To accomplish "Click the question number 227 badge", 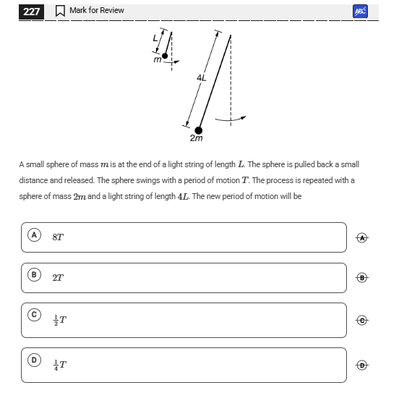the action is click(31, 12).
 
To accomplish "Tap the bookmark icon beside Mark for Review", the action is click(60, 11).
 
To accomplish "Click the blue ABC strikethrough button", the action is click(360, 11).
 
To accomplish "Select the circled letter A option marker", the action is click(34, 234).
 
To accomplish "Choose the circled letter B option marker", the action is click(34, 275).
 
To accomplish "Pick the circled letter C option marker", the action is click(34, 315).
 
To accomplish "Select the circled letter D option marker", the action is click(34, 360).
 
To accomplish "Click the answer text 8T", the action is click(58, 237).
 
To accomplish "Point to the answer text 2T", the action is click(58, 277).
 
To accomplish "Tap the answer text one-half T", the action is click(60, 320).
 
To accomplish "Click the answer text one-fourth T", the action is click(60, 365).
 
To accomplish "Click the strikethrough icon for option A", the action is click(362, 238).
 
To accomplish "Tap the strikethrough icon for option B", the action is click(362, 277).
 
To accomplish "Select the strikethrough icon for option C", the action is click(362, 321).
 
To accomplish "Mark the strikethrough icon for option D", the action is click(362, 365).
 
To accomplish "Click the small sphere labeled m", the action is click(165, 56).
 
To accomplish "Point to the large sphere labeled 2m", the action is click(198, 130).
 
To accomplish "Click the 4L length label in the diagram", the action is click(202, 77).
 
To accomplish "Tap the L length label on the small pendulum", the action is click(155, 38).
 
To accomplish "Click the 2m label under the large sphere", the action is click(196, 138).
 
